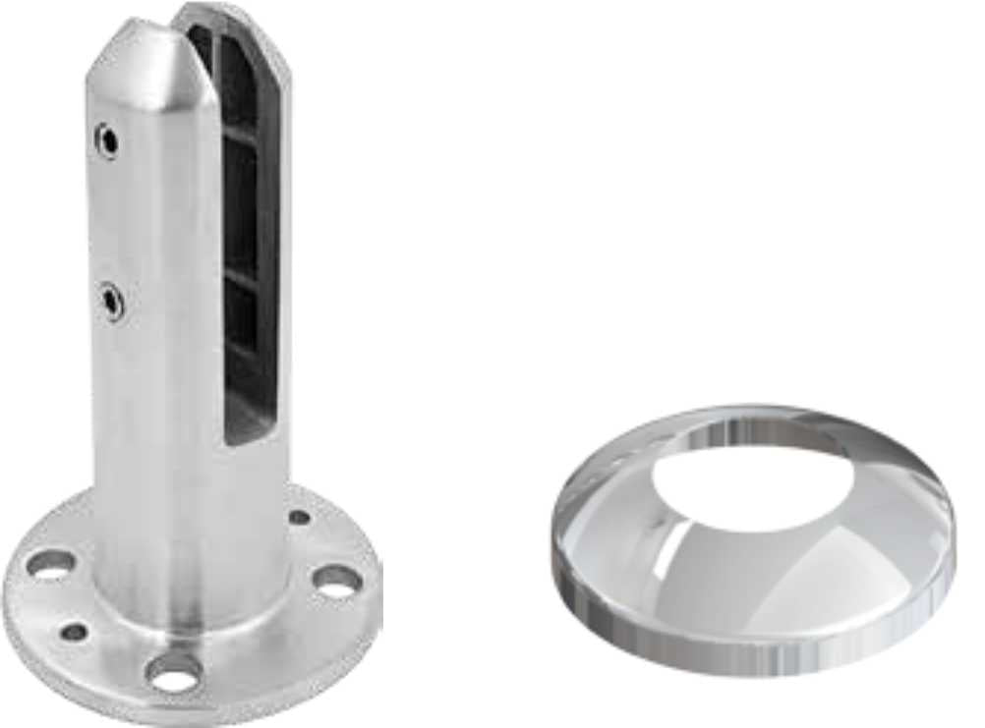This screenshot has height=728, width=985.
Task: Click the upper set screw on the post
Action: (x=106, y=140)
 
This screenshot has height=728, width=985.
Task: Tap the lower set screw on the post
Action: (x=111, y=300)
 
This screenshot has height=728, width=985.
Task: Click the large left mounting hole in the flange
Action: (x=50, y=564)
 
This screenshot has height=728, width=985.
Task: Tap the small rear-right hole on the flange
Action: (x=300, y=517)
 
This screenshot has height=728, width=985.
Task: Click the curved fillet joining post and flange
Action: (x=197, y=629)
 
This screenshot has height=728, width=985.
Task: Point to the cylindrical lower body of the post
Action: (x=187, y=511)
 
